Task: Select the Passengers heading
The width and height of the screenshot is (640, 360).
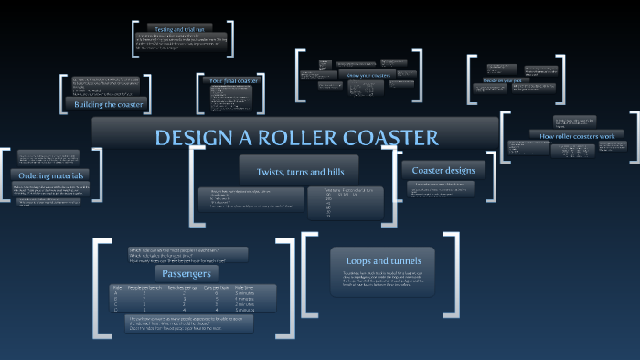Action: click(x=187, y=272)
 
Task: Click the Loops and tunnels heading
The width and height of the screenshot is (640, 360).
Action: click(x=382, y=259)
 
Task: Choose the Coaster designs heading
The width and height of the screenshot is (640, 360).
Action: click(x=443, y=170)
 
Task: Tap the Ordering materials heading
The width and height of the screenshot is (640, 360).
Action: click(x=52, y=175)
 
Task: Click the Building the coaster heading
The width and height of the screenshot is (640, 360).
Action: click(x=110, y=104)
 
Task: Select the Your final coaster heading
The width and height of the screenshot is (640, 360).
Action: click(x=234, y=80)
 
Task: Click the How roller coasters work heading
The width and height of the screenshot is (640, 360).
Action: click(x=582, y=135)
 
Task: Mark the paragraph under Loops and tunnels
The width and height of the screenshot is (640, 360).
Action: click(x=382, y=280)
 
